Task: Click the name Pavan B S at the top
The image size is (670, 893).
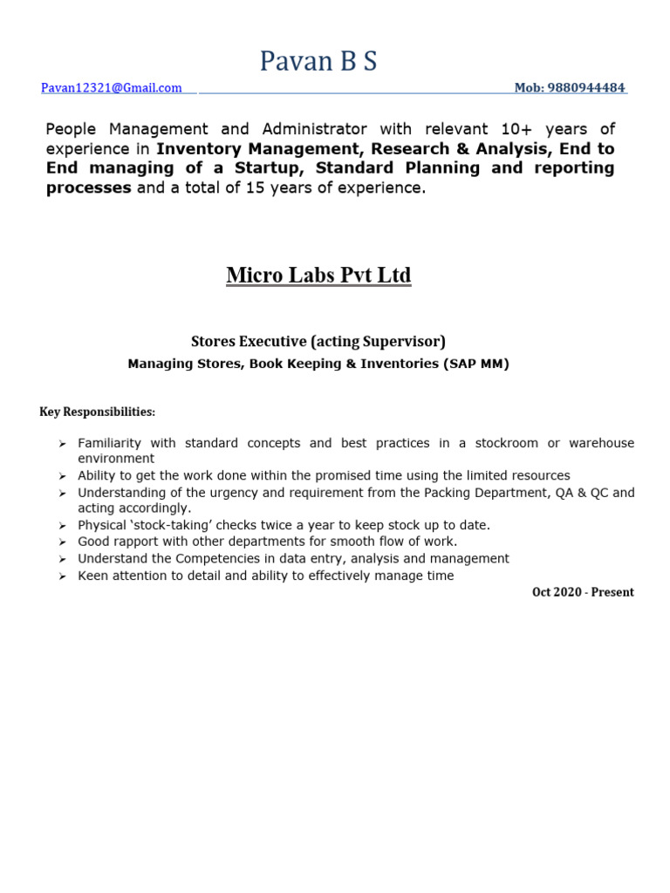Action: click(318, 61)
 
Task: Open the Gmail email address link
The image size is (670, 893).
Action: click(111, 88)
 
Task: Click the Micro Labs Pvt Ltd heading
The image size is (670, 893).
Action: click(318, 276)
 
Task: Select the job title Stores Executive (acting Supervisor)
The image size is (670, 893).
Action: click(318, 342)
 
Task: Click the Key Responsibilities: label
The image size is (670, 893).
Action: click(97, 412)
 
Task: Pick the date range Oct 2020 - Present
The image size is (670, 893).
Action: click(583, 592)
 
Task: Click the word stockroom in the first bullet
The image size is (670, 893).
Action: click(507, 443)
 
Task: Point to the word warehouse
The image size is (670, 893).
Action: click(601, 443)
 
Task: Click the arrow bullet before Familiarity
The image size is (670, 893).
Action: click(62, 444)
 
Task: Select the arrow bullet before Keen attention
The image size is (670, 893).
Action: click(62, 576)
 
